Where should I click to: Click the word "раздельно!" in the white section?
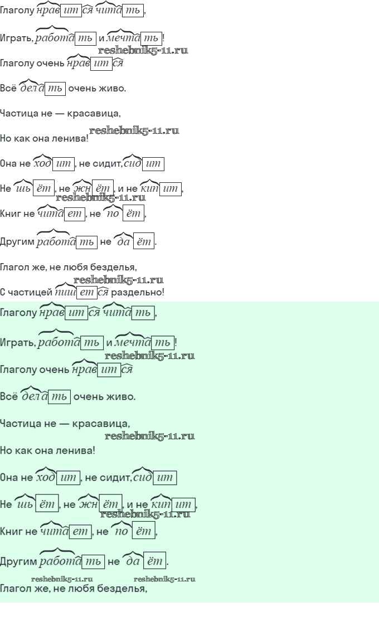pyautogui.click(x=138, y=292)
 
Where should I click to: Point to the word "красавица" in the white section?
pyautogui.click(x=93, y=114)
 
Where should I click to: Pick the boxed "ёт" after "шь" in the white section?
pyautogui.click(x=43, y=188)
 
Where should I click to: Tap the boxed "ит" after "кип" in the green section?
pyautogui.click(x=183, y=504)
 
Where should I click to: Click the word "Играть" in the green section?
pyautogui.click(x=17, y=343)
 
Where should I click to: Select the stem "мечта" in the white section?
pyautogui.click(x=124, y=38)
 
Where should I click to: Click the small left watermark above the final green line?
pyautogui.click(x=62, y=579)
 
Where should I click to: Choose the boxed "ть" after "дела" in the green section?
pyautogui.click(x=60, y=397)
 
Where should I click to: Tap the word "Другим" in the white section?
pyautogui.click(x=17, y=242)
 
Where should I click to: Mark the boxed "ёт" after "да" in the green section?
pyautogui.click(x=154, y=561)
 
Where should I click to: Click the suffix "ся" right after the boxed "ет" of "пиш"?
pyautogui.click(x=103, y=293)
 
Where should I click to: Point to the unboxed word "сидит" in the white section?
pyautogui.click(x=106, y=163)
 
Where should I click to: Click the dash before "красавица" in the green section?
pyautogui.click(x=64, y=424)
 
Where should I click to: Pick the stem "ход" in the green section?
pyautogui.click(x=46, y=477)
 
